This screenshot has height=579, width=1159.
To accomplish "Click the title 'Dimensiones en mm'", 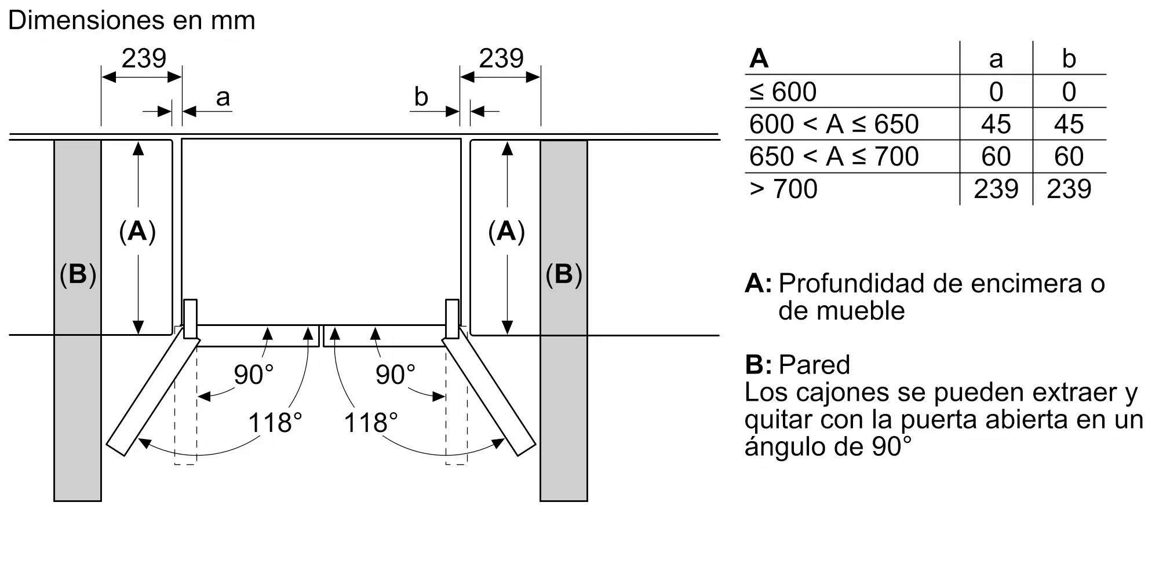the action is tap(132, 20).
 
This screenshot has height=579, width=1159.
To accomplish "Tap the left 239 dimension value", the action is tap(144, 58).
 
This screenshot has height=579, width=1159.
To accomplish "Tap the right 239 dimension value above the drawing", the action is tap(501, 58).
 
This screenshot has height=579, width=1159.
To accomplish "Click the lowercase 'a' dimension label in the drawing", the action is tap(223, 97).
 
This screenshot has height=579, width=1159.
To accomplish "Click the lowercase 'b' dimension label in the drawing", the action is tap(421, 96).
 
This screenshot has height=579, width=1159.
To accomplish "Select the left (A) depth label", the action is tap(137, 231).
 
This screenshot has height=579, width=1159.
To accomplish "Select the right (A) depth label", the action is tap(506, 231).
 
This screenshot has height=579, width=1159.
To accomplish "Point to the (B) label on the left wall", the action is tap(78, 274).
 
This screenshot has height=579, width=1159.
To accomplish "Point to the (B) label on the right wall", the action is tap(564, 274).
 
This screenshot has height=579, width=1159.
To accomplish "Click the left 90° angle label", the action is tap(253, 375).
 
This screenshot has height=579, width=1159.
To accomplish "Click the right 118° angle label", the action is tap(371, 423).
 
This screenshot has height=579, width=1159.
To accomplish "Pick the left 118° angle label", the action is tap(275, 423).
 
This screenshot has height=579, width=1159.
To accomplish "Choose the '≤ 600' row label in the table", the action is tap(783, 91).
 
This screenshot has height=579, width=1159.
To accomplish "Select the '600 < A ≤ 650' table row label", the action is tap(834, 124).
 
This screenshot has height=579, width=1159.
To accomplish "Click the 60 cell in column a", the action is tap(996, 156).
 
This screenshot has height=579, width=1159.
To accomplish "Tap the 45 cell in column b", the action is tap(1069, 124).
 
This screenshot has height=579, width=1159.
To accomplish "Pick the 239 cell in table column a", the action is tap(996, 189).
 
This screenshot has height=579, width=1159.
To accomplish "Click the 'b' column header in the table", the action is tap(1069, 58).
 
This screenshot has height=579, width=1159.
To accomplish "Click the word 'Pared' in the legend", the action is tap(814, 365).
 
